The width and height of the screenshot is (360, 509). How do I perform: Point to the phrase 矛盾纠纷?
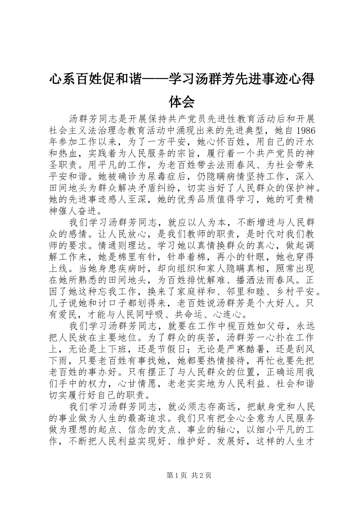(x=157, y=188)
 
